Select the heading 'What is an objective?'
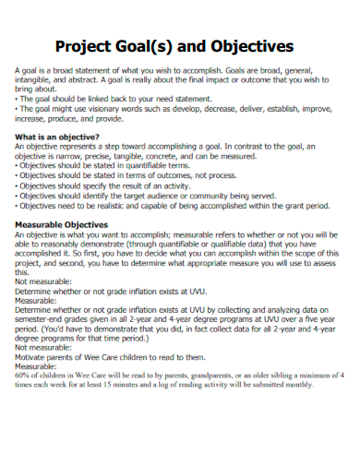pyautogui.click(x=57, y=137)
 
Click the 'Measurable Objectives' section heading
pyautogui.click(x=61, y=224)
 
